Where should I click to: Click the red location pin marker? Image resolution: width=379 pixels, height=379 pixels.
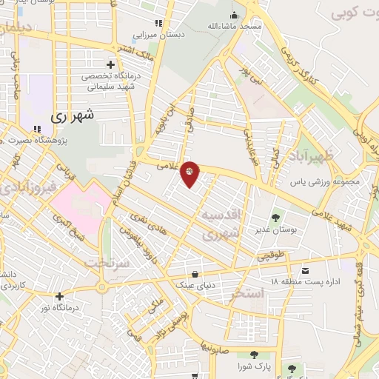pos(189,173)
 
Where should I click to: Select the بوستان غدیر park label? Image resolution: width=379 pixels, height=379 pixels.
pos(275,229)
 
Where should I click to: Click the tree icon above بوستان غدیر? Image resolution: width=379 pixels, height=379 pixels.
pos(275,218)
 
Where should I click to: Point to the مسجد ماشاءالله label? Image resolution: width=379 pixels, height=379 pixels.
pos(235,26)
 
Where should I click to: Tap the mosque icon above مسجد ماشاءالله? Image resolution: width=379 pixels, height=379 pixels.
pos(235,15)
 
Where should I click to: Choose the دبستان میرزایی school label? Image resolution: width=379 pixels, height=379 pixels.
pos(157,35)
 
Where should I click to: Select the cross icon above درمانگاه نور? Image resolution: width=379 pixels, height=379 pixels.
pos(59,295)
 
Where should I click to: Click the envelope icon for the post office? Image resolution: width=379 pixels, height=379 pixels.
pos(306,271)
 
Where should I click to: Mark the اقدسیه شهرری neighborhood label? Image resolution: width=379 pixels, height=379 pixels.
pos(221,224)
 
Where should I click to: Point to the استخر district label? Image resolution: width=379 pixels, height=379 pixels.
pos(246,293)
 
